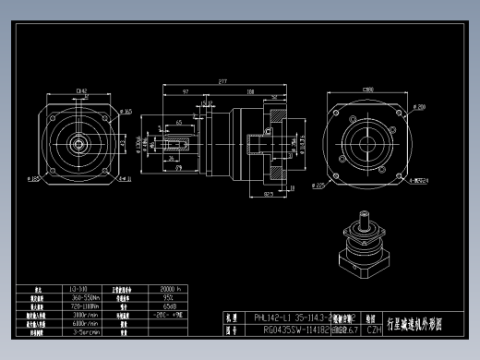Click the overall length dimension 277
[x=222, y=82]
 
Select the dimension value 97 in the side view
[x=186, y=93]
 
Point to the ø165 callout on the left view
[x=126, y=112]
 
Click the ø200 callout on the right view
[x=394, y=107]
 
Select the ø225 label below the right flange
[x=318, y=186]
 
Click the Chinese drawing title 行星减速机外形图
[x=414, y=323]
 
